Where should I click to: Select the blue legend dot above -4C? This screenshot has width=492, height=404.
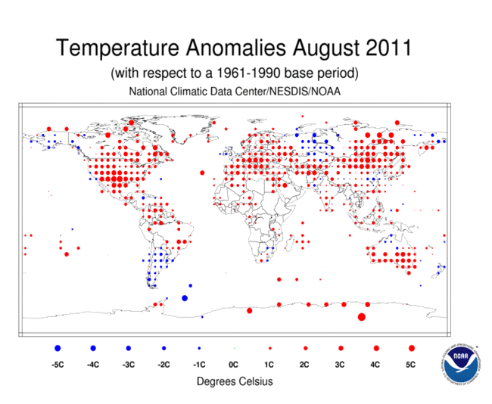pos(93,348)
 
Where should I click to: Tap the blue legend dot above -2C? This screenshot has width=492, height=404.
pos(163,348)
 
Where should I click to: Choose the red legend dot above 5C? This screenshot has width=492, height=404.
pos(411,348)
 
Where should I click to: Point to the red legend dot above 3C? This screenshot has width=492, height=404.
pos(341,348)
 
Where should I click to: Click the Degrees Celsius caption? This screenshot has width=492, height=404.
pos(234,381)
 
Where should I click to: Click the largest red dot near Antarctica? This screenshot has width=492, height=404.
pos(361,316)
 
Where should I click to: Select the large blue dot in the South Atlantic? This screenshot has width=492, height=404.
pos(185,298)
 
